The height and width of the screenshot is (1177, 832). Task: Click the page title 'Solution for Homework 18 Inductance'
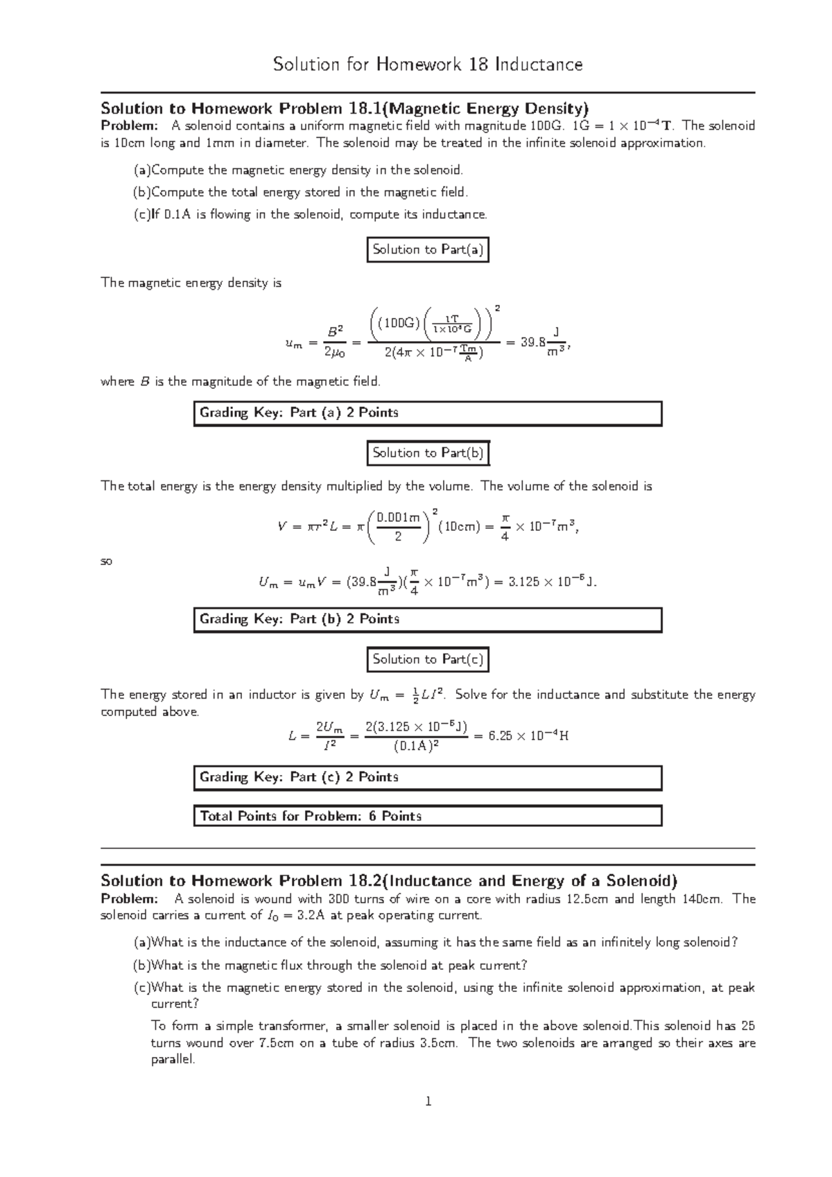(428, 64)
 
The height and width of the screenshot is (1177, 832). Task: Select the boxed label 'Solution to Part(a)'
(428, 250)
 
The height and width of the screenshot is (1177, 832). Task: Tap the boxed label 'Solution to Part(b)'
(428, 453)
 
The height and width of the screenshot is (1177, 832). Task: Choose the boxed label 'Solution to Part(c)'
(428, 659)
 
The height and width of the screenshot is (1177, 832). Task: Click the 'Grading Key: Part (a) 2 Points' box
(427, 413)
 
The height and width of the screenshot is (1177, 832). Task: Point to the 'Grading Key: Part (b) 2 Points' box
(427, 620)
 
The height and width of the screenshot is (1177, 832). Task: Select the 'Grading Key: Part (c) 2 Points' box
(427, 778)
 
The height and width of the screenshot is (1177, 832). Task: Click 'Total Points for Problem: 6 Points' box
(427, 817)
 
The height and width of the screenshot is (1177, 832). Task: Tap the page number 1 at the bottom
(428, 1101)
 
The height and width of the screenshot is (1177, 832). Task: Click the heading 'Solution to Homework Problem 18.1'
(344, 108)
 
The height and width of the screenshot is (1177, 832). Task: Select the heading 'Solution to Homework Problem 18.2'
(388, 881)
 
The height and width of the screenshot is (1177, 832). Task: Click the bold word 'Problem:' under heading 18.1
(129, 125)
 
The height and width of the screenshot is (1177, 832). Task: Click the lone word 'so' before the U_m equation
(107, 561)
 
